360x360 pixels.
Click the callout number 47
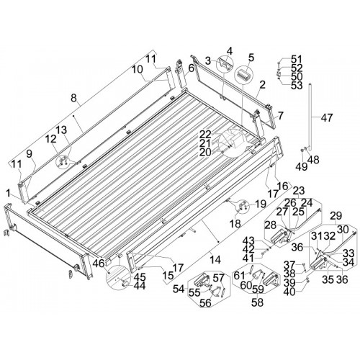coord(327,118)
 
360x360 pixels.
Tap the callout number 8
coord(73,98)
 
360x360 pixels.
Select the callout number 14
coord(216,260)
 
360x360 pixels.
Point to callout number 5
coord(251,58)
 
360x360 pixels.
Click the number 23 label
coord(299,191)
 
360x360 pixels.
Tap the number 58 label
coord(257,302)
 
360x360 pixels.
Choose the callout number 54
coord(179,289)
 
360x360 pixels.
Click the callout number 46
coord(99,264)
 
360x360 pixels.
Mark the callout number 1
coord(9,194)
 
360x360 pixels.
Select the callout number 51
coord(297,59)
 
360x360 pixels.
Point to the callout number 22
coord(205,134)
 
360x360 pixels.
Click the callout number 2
coord(262,84)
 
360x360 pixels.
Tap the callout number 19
coord(261,204)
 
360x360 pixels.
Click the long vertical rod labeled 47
coord(310,117)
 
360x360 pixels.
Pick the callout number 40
coord(289,292)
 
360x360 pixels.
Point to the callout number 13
coord(61,130)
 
